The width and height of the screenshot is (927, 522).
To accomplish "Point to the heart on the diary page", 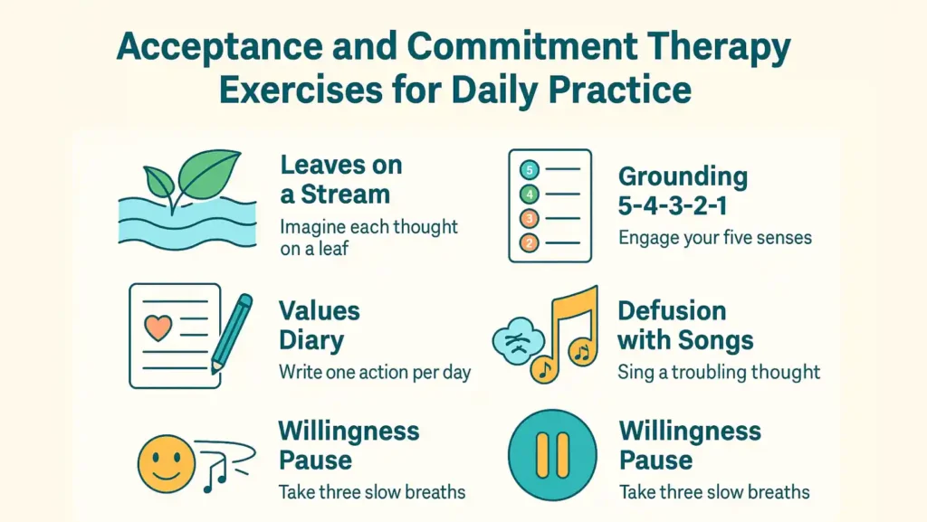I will pos(158,327).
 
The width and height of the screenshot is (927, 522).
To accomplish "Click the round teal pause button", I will pos(552,454).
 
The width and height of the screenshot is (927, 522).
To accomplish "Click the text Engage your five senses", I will pos(715,238).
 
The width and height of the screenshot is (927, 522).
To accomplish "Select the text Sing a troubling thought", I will pos(719,372).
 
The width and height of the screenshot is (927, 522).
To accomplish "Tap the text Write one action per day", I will pos(375,372).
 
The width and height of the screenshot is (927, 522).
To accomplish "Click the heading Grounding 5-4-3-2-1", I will pos(683,191).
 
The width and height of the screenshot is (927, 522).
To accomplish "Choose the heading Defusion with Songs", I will pos(685,326).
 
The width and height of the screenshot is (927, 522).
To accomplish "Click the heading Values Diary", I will pos(319,326).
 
